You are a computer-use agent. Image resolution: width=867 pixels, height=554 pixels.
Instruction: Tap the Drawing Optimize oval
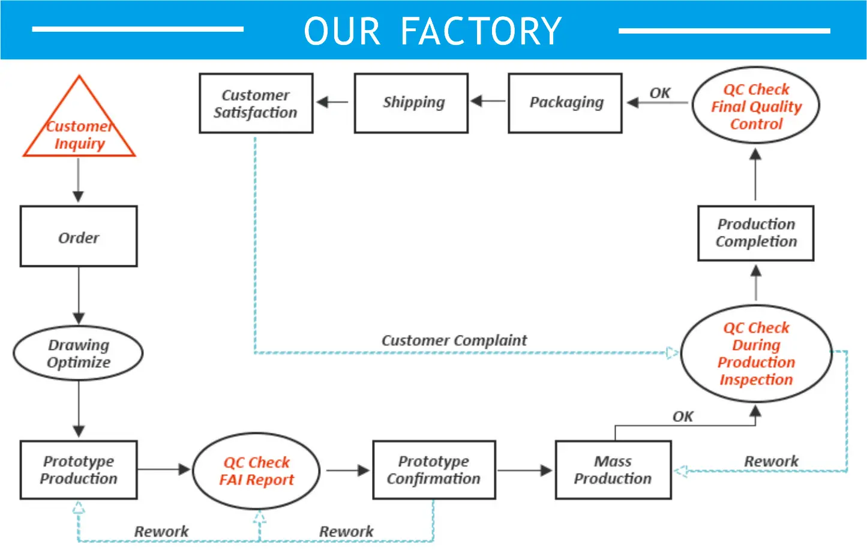tap(78, 354)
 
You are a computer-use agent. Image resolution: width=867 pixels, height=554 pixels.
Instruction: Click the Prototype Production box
tap(79, 470)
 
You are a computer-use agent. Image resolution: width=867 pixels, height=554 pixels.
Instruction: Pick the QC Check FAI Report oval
tap(256, 471)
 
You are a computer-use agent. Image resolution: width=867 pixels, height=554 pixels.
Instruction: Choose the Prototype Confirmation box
tap(434, 470)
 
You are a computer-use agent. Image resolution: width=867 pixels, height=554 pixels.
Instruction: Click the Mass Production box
tap(613, 470)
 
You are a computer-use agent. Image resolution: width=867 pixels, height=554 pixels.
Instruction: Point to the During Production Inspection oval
tap(756, 354)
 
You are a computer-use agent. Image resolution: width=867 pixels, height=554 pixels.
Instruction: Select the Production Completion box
tap(755, 233)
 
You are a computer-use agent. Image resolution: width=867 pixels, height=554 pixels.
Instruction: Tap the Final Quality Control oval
tap(756, 107)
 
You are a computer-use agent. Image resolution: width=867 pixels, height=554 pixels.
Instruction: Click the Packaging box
tap(565, 103)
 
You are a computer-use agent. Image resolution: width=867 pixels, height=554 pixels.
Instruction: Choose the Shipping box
tap(412, 103)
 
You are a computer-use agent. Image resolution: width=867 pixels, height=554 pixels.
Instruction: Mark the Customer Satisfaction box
tap(256, 103)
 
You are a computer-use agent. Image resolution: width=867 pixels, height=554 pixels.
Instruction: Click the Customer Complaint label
tap(454, 340)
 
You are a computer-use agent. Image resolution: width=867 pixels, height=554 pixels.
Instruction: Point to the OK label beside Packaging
tap(660, 93)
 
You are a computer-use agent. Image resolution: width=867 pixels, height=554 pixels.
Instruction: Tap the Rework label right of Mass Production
tap(771, 462)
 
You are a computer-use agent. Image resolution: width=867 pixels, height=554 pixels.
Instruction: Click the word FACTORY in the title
tap(481, 31)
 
